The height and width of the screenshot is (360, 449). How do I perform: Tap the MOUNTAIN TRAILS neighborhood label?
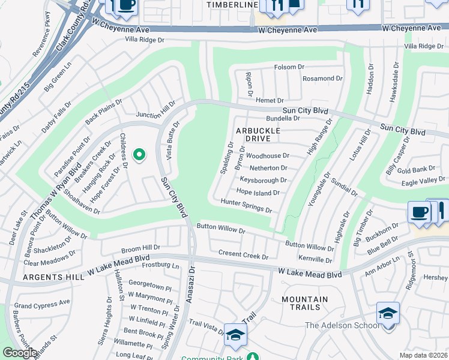(304, 303)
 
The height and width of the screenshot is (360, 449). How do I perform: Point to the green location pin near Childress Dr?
(139, 155)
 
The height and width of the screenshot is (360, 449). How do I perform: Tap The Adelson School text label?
(342, 326)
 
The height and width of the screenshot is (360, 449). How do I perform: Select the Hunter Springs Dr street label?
(246, 206)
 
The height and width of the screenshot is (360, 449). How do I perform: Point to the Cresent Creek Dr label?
(243, 256)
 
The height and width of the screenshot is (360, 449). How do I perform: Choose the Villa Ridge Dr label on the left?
(144, 40)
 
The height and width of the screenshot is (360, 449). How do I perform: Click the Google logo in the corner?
(20, 353)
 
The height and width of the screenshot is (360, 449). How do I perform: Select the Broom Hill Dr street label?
(140, 247)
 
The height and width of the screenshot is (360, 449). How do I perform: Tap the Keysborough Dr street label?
(263, 180)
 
